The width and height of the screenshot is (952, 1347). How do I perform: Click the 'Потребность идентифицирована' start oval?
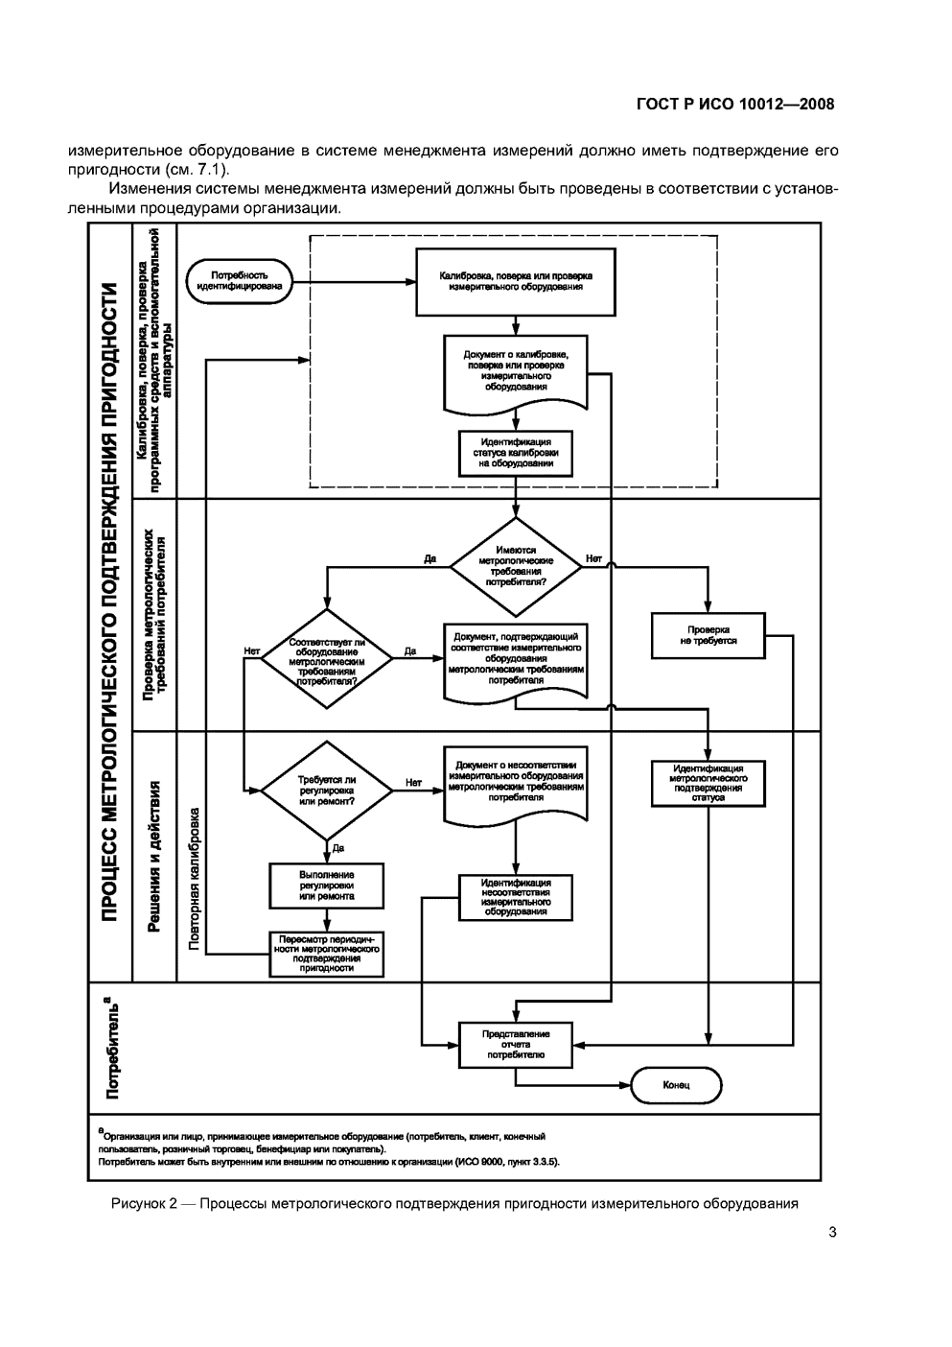click(x=240, y=280)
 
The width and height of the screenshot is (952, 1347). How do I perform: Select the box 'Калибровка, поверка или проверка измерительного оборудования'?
click(x=515, y=281)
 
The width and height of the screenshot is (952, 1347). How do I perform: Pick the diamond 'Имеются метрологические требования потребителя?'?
click(x=516, y=567)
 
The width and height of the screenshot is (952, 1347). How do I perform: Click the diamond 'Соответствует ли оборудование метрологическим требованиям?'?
click(x=327, y=658)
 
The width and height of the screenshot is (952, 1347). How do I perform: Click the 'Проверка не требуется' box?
click(x=708, y=635)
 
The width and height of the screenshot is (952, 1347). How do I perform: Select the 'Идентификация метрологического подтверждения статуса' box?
click(x=708, y=783)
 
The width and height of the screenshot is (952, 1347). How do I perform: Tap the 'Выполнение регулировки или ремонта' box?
click(x=327, y=886)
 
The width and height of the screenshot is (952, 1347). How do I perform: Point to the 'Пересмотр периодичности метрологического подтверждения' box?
click(x=327, y=954)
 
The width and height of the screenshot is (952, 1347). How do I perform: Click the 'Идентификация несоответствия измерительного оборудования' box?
click(x=516, y=897)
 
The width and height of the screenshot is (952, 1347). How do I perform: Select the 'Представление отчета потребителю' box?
click(x=516, y=1044)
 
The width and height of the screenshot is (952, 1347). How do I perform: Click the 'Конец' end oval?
click(x=676, y=1085)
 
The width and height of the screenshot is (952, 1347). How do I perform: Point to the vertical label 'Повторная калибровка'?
click(x=195, y=878)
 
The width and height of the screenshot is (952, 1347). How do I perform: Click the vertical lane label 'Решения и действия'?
click(x=153, y=857)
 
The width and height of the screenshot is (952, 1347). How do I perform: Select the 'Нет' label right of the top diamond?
click(x=593, y=557)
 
